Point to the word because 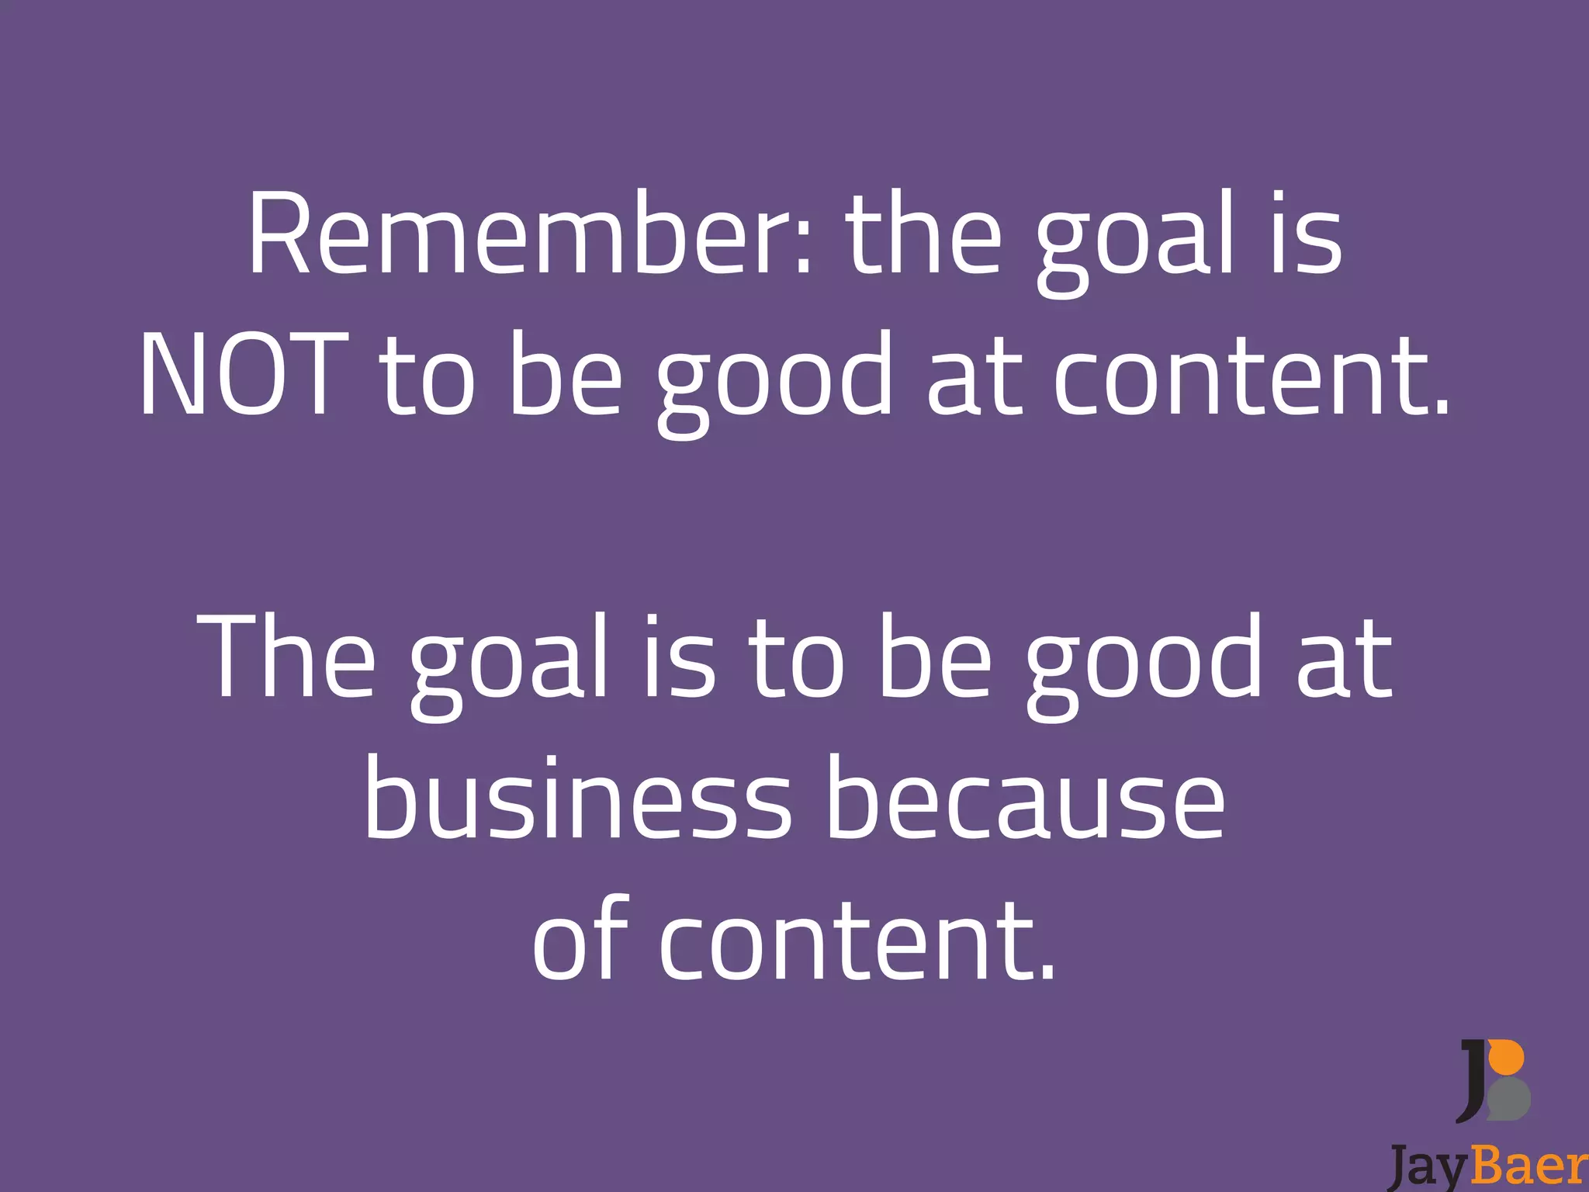(1023, 799)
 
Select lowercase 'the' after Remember (923, 234)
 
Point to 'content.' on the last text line (857, 942)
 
